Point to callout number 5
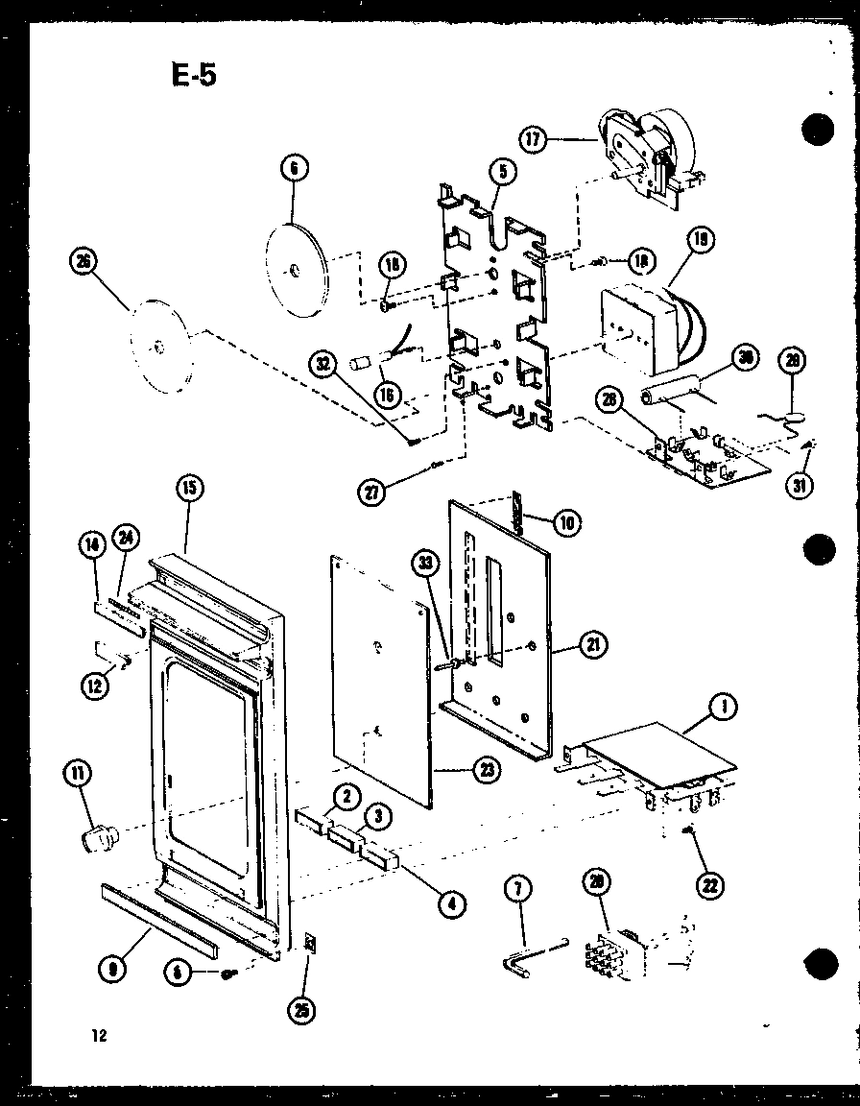(x=505, y=172)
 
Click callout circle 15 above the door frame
(x=187, y=489)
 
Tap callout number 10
(x=566, y=522)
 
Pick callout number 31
(x=798, y=485)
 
